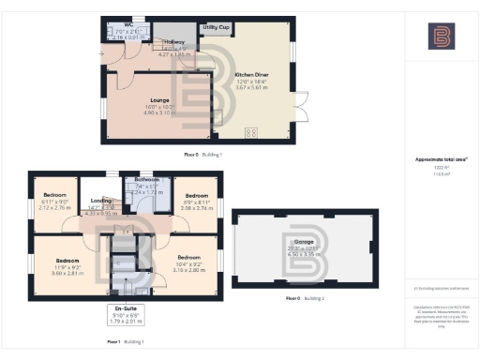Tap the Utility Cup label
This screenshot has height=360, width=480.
pyautogui.click(x=218, y=28)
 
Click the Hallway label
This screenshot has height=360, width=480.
pyautogui.click(x=175, y=43)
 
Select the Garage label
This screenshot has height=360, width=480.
pyautogui.click(x=283, y=240)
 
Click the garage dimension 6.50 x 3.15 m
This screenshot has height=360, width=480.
pyautogui.click(x=283, y=253)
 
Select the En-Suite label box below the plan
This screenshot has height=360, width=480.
pyautogui.click(x=125, y=313)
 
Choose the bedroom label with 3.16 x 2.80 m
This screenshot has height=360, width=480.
pyautogui.click(x=188, y=257)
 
